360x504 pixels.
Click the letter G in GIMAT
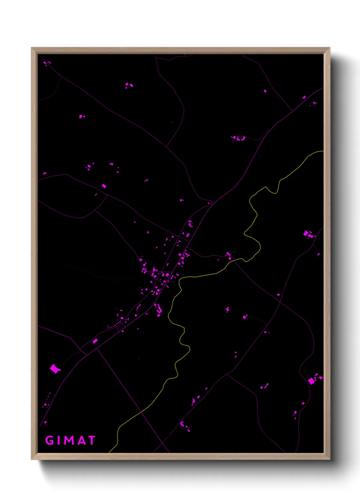(x=50, y=440)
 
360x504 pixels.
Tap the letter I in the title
(x=59, y=440)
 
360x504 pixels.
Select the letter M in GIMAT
(x=70, y=440)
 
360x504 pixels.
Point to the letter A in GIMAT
(x=82, y=440)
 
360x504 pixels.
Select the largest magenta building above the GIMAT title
(x=54, y=368)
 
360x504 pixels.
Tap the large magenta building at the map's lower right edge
(x=311, y=381)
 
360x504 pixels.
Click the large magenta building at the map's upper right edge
(x=306, y=234)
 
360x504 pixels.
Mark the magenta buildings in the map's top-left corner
(x=46, y=63)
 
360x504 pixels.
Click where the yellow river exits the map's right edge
(x=323, y=151)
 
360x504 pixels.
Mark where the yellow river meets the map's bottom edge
(x=110, y=452)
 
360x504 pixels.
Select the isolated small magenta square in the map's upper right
(x=265, y=91)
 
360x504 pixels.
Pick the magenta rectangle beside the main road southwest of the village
(x=95, y=341)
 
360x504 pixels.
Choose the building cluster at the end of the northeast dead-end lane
(x=239, y=138)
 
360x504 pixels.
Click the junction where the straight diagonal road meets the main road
(x=97, y=348)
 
